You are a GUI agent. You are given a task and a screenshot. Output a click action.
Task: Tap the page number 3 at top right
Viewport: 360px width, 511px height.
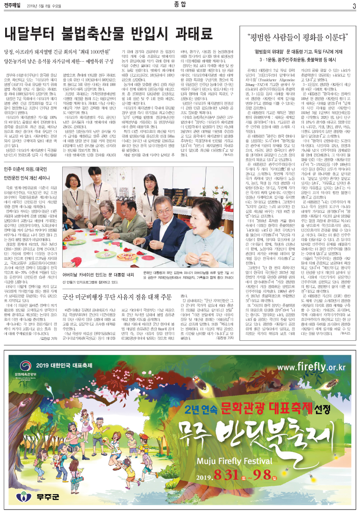coord(354,6)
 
